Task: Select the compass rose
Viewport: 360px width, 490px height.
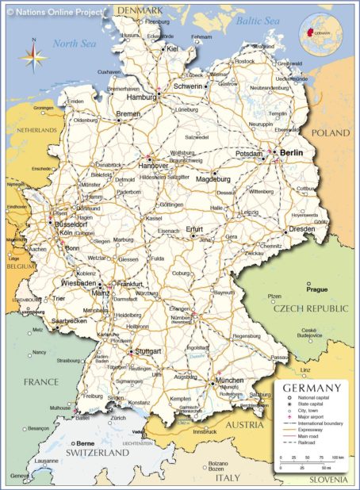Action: pos(32,56)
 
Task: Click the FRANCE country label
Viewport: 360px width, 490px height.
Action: pos(40,381)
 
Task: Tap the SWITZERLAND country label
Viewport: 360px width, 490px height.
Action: pos(96,452)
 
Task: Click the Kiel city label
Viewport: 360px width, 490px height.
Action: pos(173,48)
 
